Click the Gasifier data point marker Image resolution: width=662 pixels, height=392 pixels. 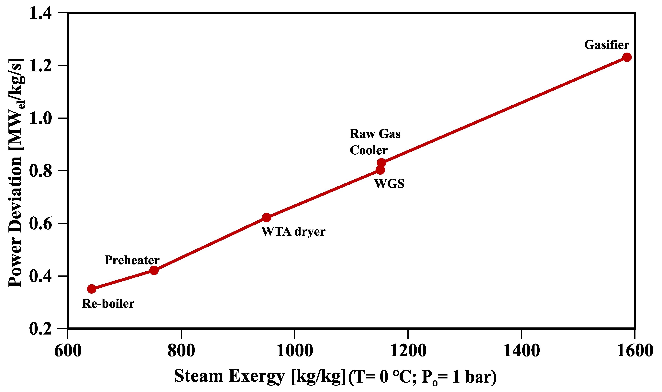(x=627, y=57)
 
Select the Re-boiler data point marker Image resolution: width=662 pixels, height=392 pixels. (x=92, y=289)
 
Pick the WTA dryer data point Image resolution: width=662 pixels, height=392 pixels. (x=266, y=218)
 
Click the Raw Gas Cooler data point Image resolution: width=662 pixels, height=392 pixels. (x=381, y=162)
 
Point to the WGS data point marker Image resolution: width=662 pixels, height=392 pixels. (x=380, y=170)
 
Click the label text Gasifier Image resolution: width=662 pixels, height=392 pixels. (x=606, y=45)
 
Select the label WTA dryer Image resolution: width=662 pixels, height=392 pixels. (x=293, y=232)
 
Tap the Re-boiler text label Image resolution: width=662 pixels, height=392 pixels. (x=108, y=304)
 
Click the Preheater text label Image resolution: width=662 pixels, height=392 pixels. (x=132, y=260)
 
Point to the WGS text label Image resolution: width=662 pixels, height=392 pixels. (x=389, y=184)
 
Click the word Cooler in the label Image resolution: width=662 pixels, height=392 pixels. (x=369, y=150)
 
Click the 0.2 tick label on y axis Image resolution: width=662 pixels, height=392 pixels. (x=40, y=329)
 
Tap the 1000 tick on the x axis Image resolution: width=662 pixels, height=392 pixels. (x=295, y=351)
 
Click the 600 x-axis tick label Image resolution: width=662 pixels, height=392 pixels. (x=68, y=351)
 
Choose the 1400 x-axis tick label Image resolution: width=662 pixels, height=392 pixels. (x=521, y=351)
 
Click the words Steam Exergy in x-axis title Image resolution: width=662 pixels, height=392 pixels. (x=229, y=376)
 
